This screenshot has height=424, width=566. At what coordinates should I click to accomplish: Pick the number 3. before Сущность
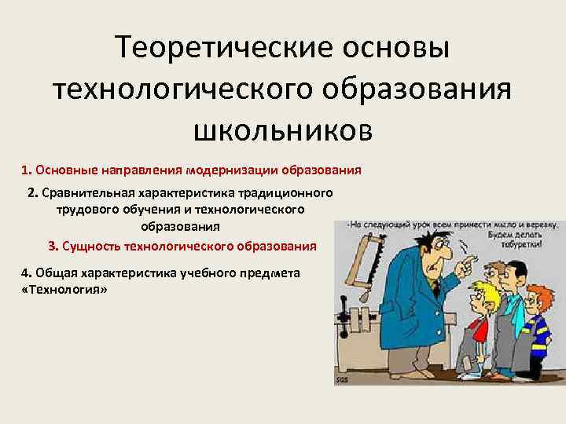pyautogui.click(x=53, y=246)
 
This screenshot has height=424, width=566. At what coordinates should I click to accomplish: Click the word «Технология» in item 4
pyautogui.click(x=62, y=290)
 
